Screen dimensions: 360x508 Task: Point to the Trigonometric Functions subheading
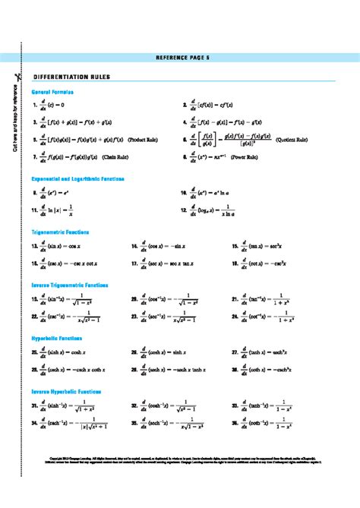pos(61,232)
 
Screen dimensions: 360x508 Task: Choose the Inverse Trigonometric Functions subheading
pos(70,285)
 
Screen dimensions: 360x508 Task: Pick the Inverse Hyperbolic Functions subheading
pos(66,390)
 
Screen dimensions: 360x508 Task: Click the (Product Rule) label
pos(142,140)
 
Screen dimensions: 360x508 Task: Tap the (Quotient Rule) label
pos(291,140)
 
